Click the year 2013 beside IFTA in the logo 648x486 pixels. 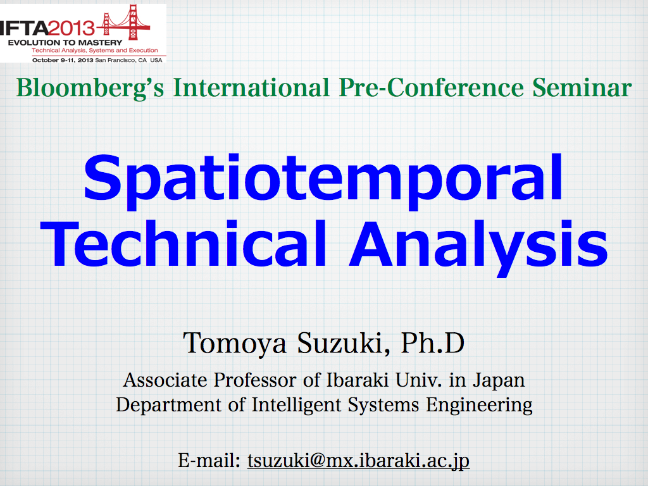(72, 28)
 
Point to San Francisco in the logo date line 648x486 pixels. (115, 60)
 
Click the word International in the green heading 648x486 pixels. (251, 87)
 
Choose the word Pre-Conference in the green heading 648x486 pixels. (431, 87)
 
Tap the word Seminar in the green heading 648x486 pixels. (582, 87)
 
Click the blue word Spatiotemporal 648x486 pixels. (323, 182)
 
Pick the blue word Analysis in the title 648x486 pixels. (478, 247)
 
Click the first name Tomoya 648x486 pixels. (235, 344)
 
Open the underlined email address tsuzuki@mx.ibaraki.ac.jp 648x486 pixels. (358, 461)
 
